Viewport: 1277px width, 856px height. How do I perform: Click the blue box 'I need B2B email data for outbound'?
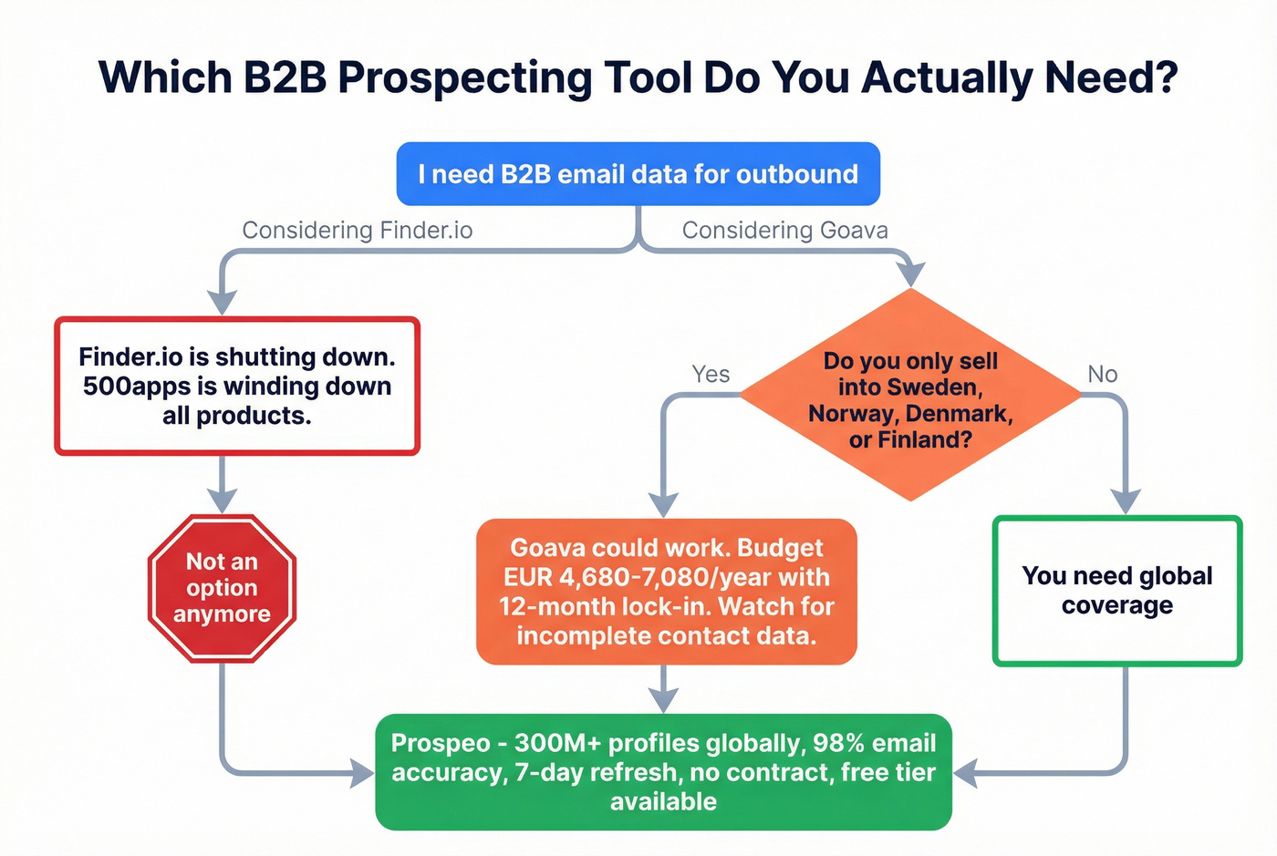click(638, 173)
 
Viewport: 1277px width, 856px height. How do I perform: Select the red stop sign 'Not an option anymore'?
click(222, 588)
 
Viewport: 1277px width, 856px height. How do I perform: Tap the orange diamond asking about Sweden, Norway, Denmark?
click(910, 397)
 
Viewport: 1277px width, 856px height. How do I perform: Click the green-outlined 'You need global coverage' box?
click(1116, 591)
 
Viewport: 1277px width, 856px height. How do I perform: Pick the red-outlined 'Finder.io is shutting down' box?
click(237, 386)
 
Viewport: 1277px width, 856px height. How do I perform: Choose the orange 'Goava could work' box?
click(666, 592)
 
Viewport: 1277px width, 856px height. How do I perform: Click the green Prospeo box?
click(663, 772)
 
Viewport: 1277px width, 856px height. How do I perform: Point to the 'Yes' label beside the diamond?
click(711, 374)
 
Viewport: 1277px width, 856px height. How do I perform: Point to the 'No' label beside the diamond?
click(1102, 374)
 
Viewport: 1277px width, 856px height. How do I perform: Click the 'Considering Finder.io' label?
click(357, 230)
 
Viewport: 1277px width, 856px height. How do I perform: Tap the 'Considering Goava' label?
click(784, 230)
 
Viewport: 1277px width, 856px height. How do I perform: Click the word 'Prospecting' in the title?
click(464, 77)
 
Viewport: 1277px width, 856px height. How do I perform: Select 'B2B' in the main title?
click(285, 77)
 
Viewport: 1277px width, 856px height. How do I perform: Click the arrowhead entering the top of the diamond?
click(910, 273)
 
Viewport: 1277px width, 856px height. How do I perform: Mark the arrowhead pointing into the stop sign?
click(222, 500)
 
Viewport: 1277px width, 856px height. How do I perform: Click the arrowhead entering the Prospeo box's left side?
click(361, 774)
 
